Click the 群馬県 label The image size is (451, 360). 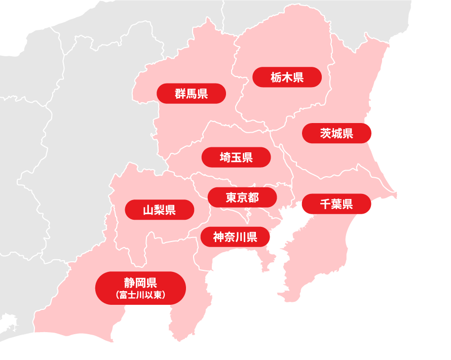click(191, 94)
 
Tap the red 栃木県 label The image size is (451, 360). click(287, 77)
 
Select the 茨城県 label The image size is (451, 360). click(336, 133)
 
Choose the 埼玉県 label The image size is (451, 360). click(236, 157)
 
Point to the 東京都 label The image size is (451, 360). click(242, 197)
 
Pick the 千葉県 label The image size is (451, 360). click(336, 204)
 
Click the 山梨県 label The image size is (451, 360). click(159, 210)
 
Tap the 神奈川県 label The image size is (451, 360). click(235, 236)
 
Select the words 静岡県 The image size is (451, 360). click(140, 283)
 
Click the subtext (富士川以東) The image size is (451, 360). click(140, 295)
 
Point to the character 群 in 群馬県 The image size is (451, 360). click(180, 94)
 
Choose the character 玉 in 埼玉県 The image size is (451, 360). click(236, 157)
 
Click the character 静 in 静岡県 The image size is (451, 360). click(129, 283)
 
